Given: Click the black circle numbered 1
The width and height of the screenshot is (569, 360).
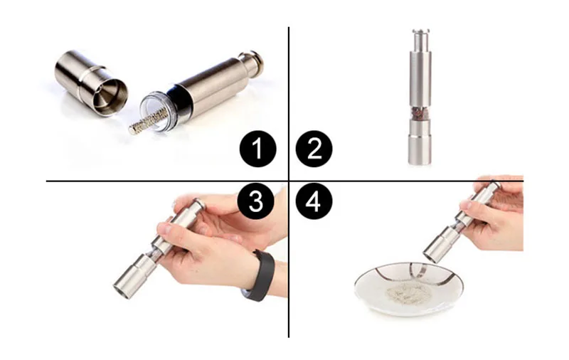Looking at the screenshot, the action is (257, 149).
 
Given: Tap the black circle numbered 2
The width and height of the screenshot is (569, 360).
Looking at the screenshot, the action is (314, 149).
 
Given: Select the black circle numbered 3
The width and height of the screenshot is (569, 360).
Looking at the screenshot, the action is (256, 201).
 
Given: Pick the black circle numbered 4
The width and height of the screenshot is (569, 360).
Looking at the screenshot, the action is (314, 201).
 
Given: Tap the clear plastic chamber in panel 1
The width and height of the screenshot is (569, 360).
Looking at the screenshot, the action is (159, 110).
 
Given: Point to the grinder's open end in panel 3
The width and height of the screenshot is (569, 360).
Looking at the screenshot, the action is (122, 292).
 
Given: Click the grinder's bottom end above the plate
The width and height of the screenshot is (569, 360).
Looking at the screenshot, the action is (432, 256).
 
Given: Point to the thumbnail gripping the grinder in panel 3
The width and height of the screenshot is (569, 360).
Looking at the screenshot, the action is (164, 228).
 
